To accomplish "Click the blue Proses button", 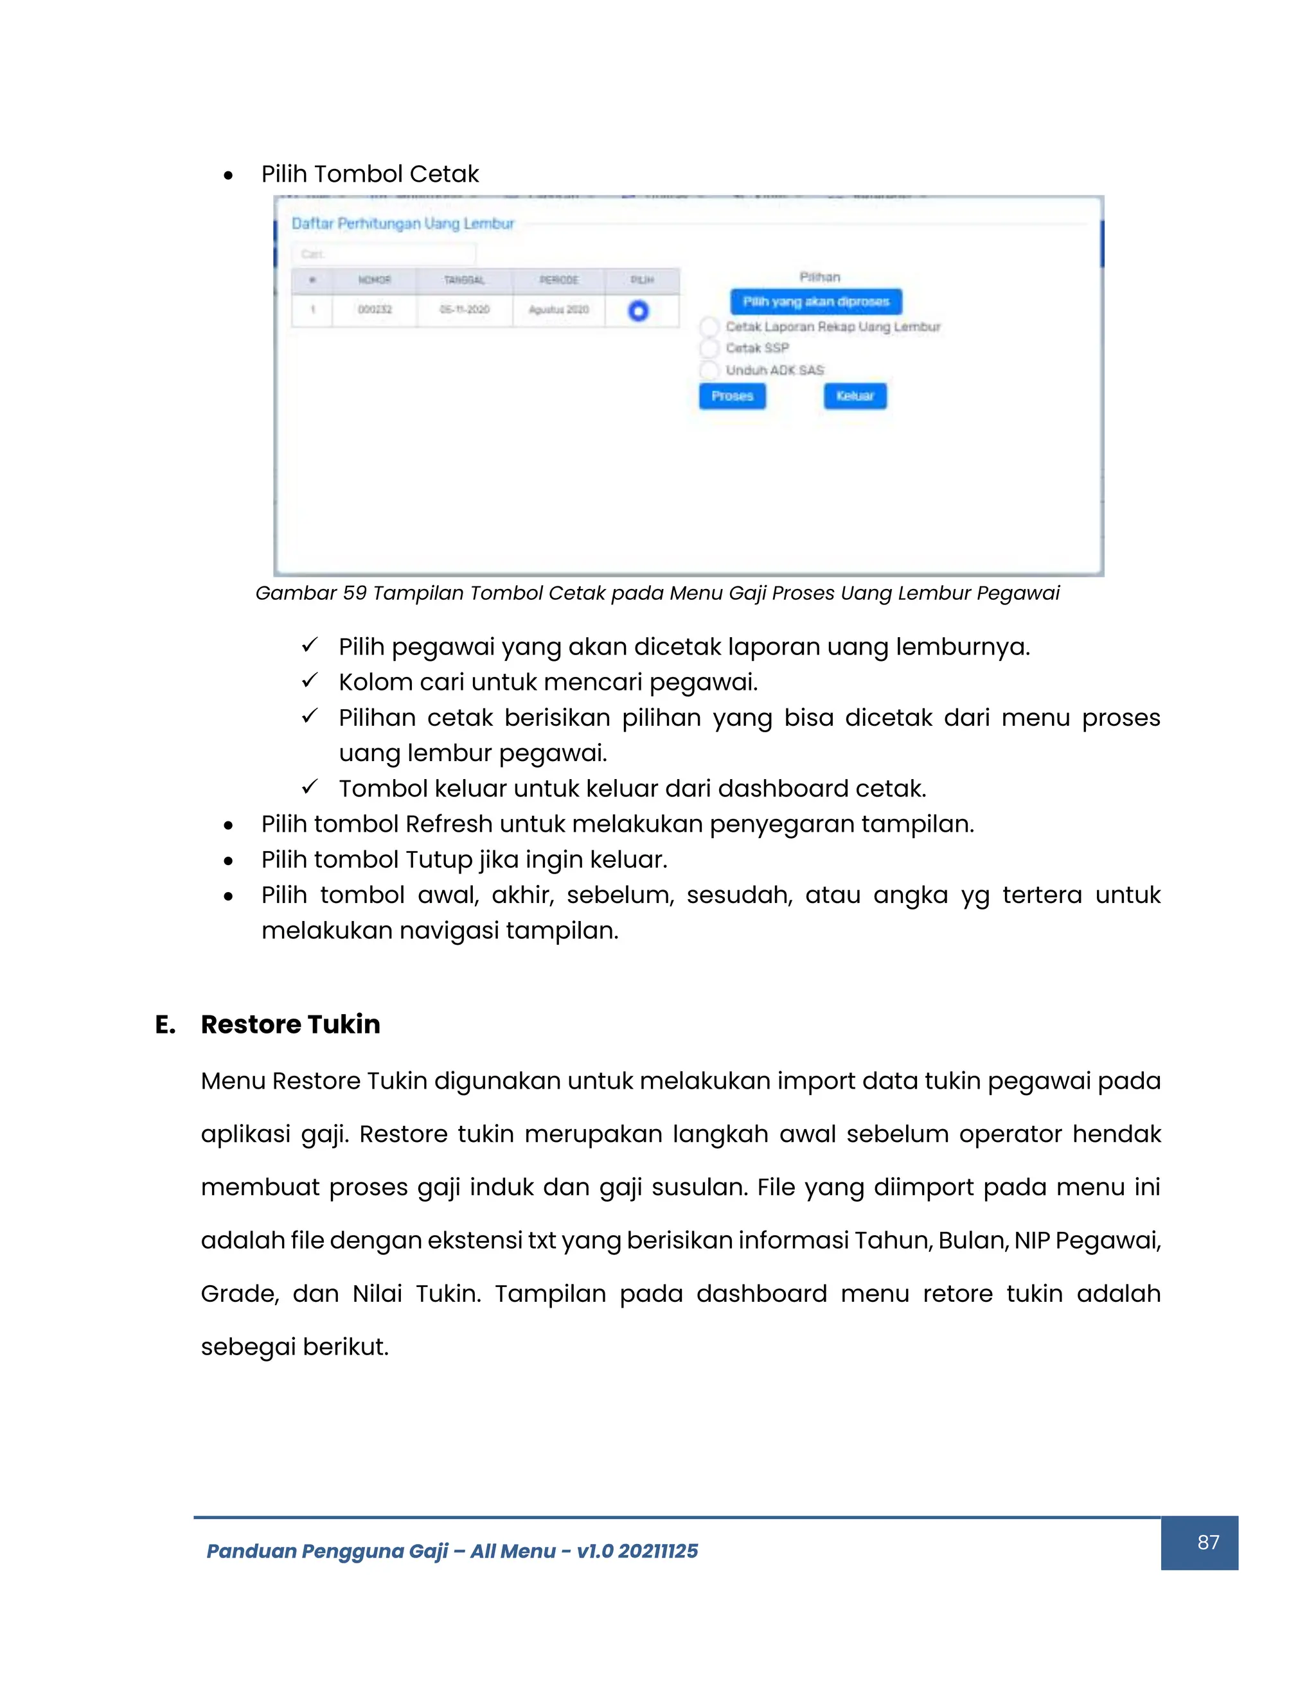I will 731,396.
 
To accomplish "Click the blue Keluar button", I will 855,396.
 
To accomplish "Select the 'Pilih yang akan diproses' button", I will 815,302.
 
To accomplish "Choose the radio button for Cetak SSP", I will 709,347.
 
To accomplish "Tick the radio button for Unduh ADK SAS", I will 709,370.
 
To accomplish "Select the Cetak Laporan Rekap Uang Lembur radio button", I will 709,326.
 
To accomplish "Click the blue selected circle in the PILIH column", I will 637,311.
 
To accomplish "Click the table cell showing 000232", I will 374,310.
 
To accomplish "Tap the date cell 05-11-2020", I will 464,310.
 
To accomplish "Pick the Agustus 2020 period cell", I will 558,310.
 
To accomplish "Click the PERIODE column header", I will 558,280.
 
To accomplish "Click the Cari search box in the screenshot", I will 383,254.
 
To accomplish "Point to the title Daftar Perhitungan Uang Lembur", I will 402,224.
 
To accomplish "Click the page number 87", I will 1207,1542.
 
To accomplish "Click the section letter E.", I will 164,1024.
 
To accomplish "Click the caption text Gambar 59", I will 310,593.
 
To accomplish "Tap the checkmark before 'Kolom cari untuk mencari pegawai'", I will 310,681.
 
